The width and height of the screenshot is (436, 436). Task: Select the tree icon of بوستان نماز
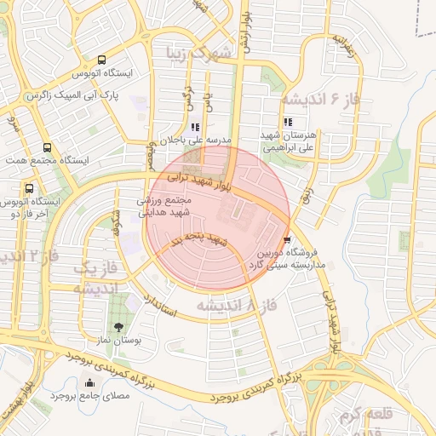118,327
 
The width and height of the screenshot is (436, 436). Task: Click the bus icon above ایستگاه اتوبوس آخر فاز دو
30,188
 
